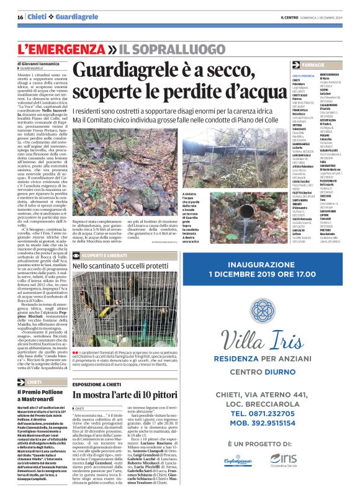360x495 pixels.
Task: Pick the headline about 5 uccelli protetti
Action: click(127, 267)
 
